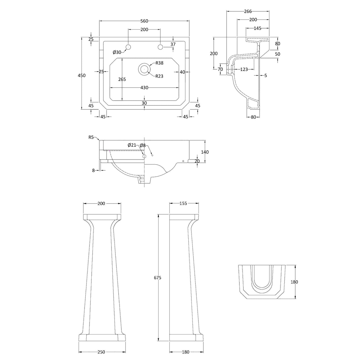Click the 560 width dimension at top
point(144,21)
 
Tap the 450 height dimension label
point(82,75)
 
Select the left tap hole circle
point(128,47)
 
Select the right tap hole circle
point(160,47)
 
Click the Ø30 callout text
point(117,52)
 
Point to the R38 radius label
point(160,63)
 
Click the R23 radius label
point(160,76)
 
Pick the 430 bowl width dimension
point(144,88)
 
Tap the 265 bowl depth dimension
point(122,79)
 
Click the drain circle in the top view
point(144,69)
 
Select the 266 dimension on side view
point(248,12)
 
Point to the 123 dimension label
point(244,69)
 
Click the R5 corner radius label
point(91,137)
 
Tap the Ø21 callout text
point(132,145)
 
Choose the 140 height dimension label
point(205,152)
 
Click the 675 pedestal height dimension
point(158,278)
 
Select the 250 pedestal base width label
point(101,352)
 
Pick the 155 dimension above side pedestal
point(184,203)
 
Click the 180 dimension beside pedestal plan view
point(294,282)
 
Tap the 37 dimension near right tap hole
point(173,44)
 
